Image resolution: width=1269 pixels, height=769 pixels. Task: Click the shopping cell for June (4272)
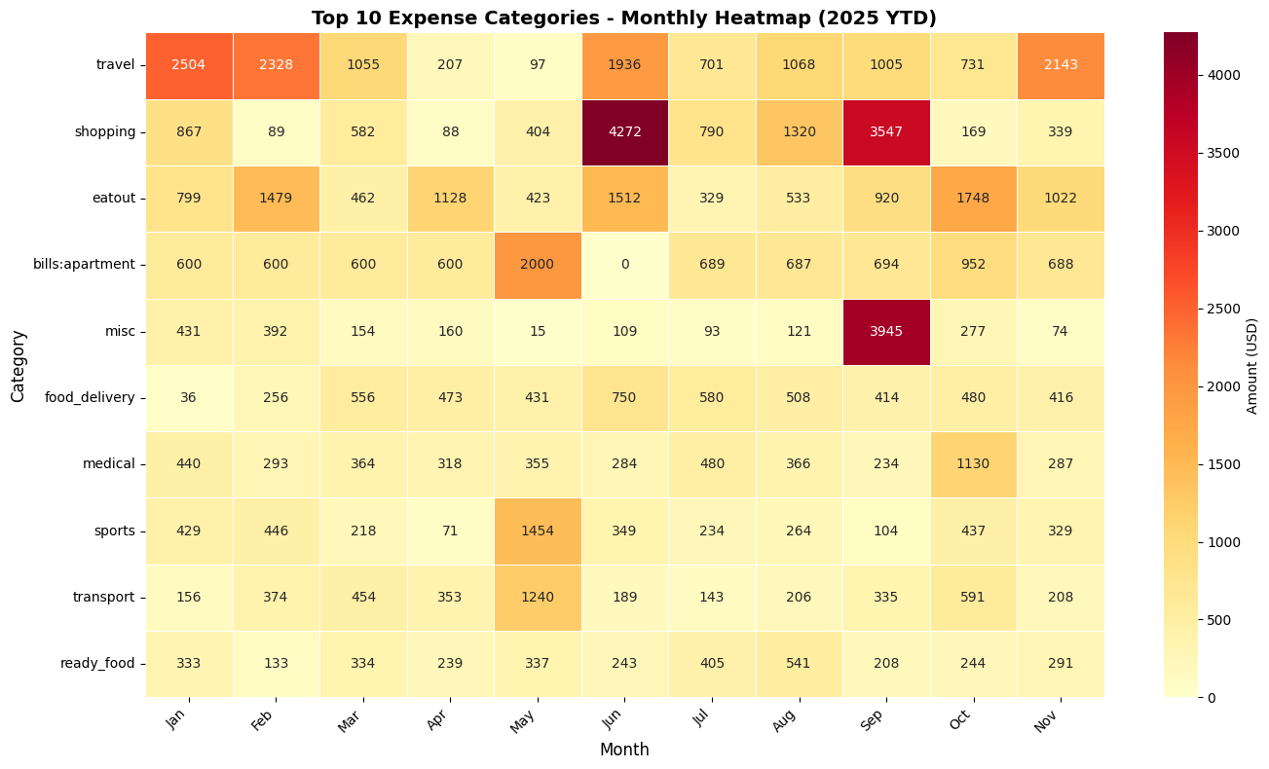(x=624, y=131)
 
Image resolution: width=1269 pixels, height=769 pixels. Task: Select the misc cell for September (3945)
(x=886, y=331)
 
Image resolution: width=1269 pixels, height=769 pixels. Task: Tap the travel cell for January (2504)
(x=189, y=65)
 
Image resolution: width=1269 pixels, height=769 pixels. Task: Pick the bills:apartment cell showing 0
(x=624, y=265)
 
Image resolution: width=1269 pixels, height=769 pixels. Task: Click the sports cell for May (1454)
(x=538, y=531)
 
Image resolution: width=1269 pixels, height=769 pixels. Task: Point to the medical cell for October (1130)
(x=973, y=464)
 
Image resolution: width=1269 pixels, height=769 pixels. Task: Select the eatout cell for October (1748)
(x=973, y=199)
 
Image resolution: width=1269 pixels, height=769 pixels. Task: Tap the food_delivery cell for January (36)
(x=189, y=397)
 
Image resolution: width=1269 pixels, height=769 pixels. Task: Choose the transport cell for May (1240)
(x=538, y=597)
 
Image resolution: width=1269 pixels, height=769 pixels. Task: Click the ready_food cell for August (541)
(x=799, y=663)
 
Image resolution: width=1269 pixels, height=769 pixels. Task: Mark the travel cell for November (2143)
(x=1061, y=65)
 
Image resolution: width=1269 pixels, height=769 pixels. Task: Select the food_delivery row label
(x=90, y=397)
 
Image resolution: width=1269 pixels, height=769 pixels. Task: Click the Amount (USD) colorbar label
(x=1252, y=365)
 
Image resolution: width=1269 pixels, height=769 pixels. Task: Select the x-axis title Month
(x=624, y=750)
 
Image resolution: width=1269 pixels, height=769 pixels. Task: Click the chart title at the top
(x=624, y=18)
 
